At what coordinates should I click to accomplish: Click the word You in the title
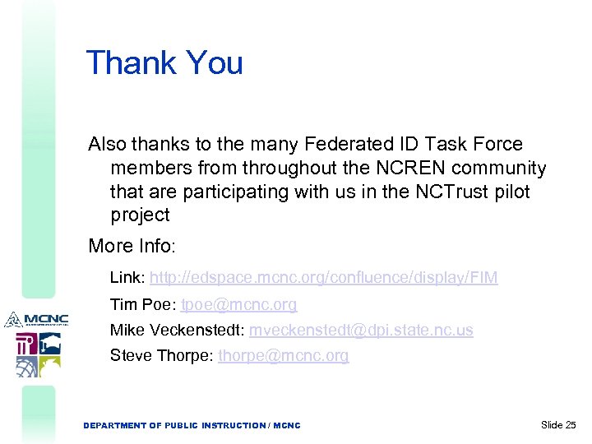coord(215,62)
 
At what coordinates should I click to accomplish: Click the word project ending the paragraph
coord(140,215)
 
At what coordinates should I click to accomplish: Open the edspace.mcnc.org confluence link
coord(323,278)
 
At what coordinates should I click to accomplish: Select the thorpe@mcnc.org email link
coord(283,356)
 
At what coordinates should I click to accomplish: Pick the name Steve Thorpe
coord(161,356)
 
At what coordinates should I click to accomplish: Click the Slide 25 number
coord(559,425)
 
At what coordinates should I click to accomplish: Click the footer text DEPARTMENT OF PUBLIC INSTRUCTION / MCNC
coord(192,426)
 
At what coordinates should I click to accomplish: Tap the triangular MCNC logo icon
coord(12,319)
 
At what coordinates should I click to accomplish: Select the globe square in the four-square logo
coord(26,366)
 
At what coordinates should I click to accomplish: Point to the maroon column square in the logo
coord(26,343)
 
